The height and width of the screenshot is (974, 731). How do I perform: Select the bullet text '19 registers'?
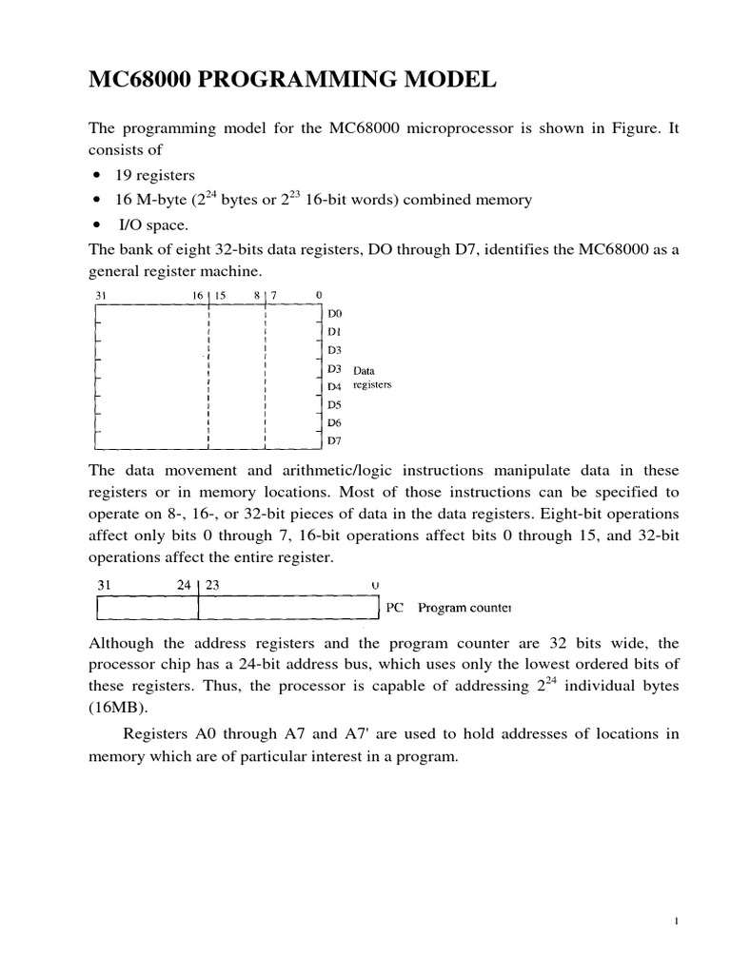[155, 175]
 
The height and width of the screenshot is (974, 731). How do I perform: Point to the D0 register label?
[334, 313]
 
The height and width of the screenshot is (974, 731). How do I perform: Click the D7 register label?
[334, 440]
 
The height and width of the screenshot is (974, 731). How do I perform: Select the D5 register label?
[334, 404]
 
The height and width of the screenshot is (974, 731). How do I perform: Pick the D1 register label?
[334, 331]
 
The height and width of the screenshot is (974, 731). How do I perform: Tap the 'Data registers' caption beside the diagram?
[372, 378]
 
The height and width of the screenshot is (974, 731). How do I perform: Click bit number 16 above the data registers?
[198, 296]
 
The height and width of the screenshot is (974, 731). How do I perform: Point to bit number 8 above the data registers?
[257, 296]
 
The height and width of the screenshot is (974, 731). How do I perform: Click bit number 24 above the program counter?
[185, 586]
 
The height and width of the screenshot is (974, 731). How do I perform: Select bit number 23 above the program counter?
[212, 586]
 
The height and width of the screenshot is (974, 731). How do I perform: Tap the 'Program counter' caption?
[464, 607]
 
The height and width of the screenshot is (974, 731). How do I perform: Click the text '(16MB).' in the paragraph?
[116, 709]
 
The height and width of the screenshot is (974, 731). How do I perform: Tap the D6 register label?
[334, 422]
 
